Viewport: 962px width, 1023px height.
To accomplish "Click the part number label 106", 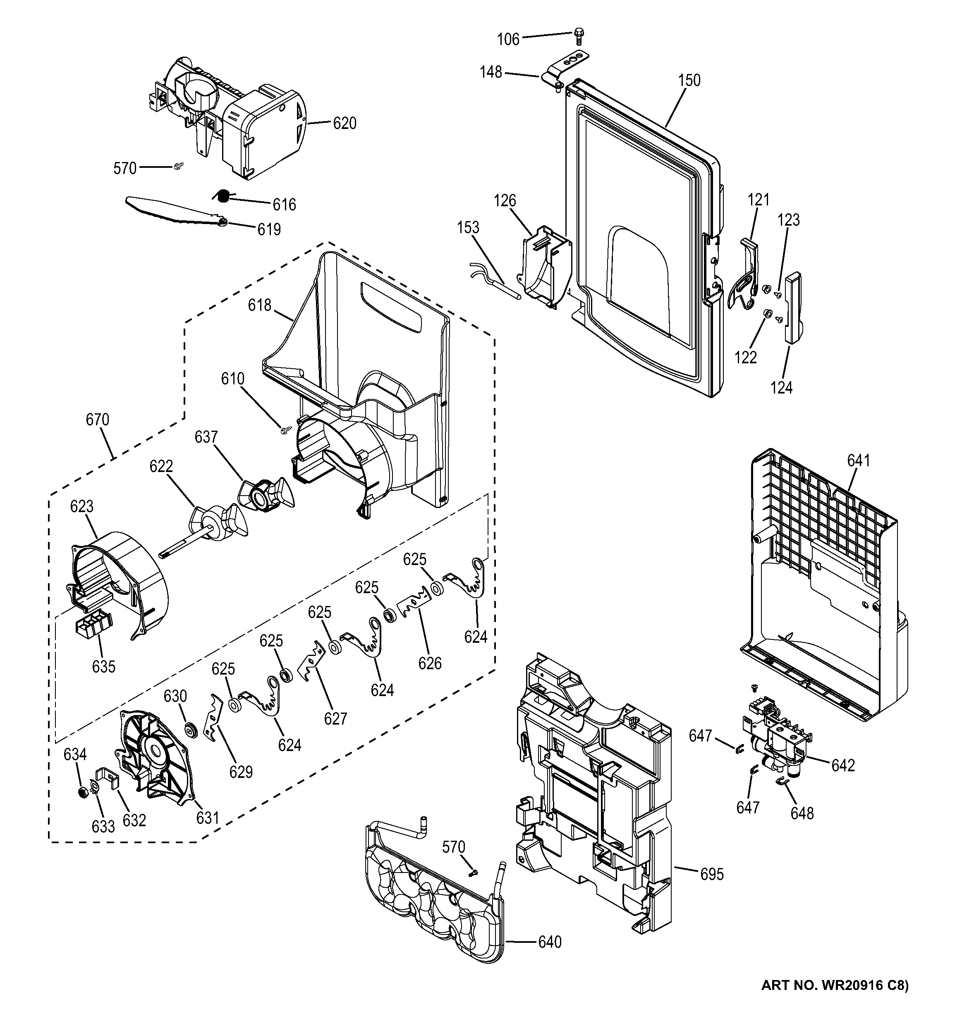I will [508, 39].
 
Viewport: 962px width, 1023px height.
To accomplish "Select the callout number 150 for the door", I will [689, 80].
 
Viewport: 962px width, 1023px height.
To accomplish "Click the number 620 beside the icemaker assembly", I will [345, 124].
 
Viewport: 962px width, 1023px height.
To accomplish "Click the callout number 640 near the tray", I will [550, 942].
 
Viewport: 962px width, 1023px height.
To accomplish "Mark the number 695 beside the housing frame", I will [712, 874].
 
